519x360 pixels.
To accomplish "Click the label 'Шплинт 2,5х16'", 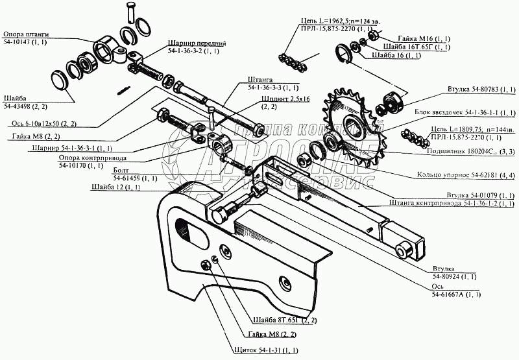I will pyautogui.click(x=284, y=99).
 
